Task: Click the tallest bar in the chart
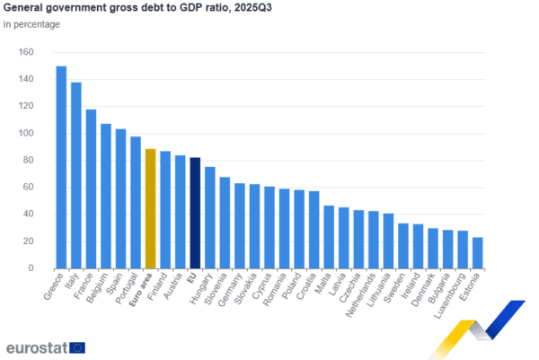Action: pyautogui.click(x=61, y=166)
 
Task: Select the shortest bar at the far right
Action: pyautogui.click(x=478, y=252)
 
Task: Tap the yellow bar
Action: pyautogui.click(x=150, y=207)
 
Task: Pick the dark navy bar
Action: pyautogui.click(x=195, y=212)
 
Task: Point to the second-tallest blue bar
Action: pyautogui.click(x=76, y=174)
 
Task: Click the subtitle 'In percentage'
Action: pyautogui.click(x=28, y=24)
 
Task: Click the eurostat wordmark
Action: pyautogui.click(x=36, y=347)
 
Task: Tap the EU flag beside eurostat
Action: pyautogui.click(x=78, y=347)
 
